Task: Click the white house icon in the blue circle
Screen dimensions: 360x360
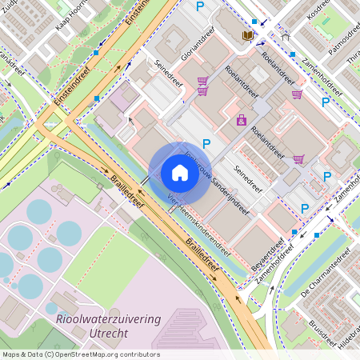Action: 179,173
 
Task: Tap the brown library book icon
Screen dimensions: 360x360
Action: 247,36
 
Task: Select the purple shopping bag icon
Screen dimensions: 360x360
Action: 241,120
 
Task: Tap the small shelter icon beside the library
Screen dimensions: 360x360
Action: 286,36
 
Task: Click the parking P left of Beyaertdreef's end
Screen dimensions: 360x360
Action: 305,208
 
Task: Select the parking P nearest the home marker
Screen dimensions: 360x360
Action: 206,144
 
